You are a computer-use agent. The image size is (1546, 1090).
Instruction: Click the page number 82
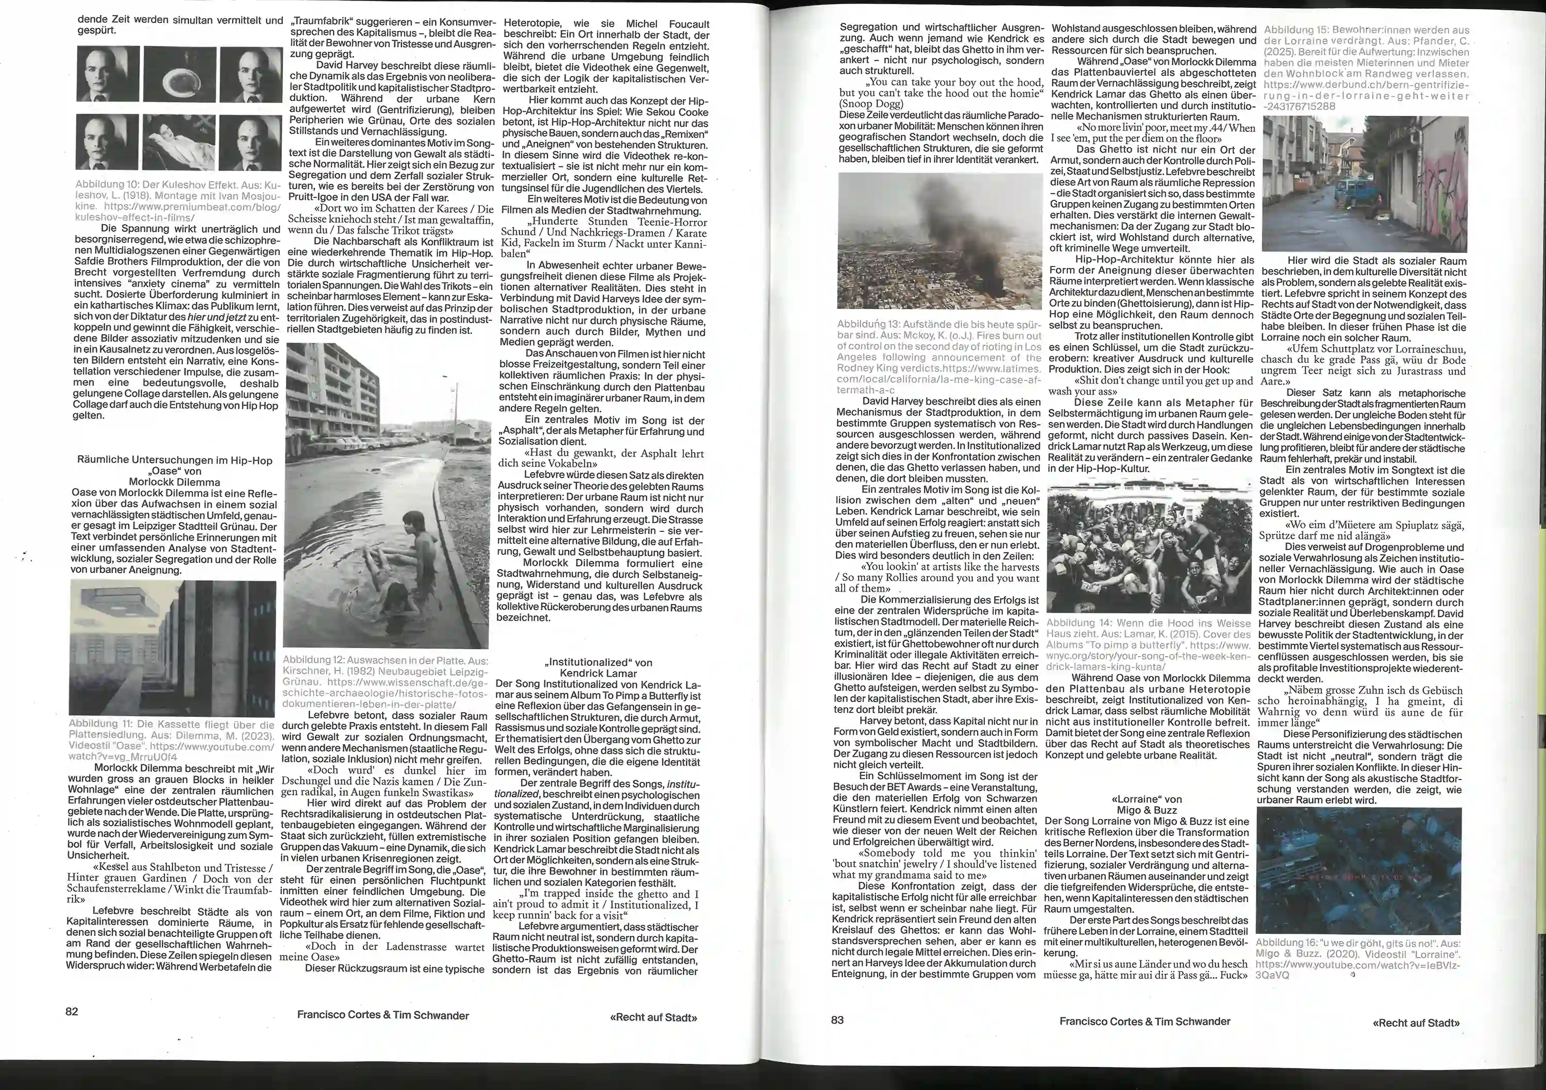coord(72,1011)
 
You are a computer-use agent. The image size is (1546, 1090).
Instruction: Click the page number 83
coord(837,1019)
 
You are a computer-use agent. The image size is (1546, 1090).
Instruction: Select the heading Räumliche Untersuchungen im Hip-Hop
coord(174,461)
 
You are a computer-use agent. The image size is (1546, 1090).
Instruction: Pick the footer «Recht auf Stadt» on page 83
coord(1416,1022)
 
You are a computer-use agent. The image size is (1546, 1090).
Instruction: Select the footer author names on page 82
coord(382,1015)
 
